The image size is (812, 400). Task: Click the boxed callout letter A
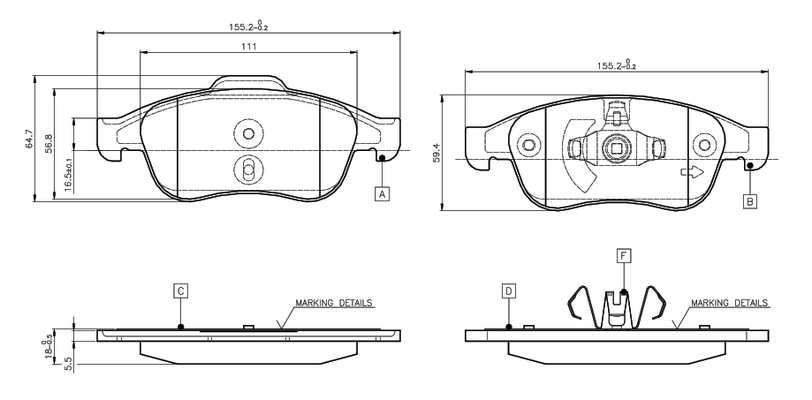click(383, 194)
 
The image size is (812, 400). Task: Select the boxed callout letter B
click(750, 201)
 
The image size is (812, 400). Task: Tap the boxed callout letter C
click(180, 291)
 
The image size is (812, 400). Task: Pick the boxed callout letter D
click(509, 291)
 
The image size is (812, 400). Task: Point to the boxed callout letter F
click(624, 255)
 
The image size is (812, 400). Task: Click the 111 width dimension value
click(248, 47)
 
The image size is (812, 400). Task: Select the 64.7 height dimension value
click(29, 140)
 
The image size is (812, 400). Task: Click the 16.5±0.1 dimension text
click(68, 171)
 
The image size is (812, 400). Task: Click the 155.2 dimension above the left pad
click(248, 26)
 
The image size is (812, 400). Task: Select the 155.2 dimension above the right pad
click(616, 64)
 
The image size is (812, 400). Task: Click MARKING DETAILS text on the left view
click(334, 303)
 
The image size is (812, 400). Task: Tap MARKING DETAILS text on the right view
click(730, 303)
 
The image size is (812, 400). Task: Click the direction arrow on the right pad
click(691, 172)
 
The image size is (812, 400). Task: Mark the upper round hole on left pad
click(248, 134)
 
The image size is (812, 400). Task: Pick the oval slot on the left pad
click(248, 168)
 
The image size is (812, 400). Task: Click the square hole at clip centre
click(616, 149)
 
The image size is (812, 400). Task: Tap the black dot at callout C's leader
click(180, 327)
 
